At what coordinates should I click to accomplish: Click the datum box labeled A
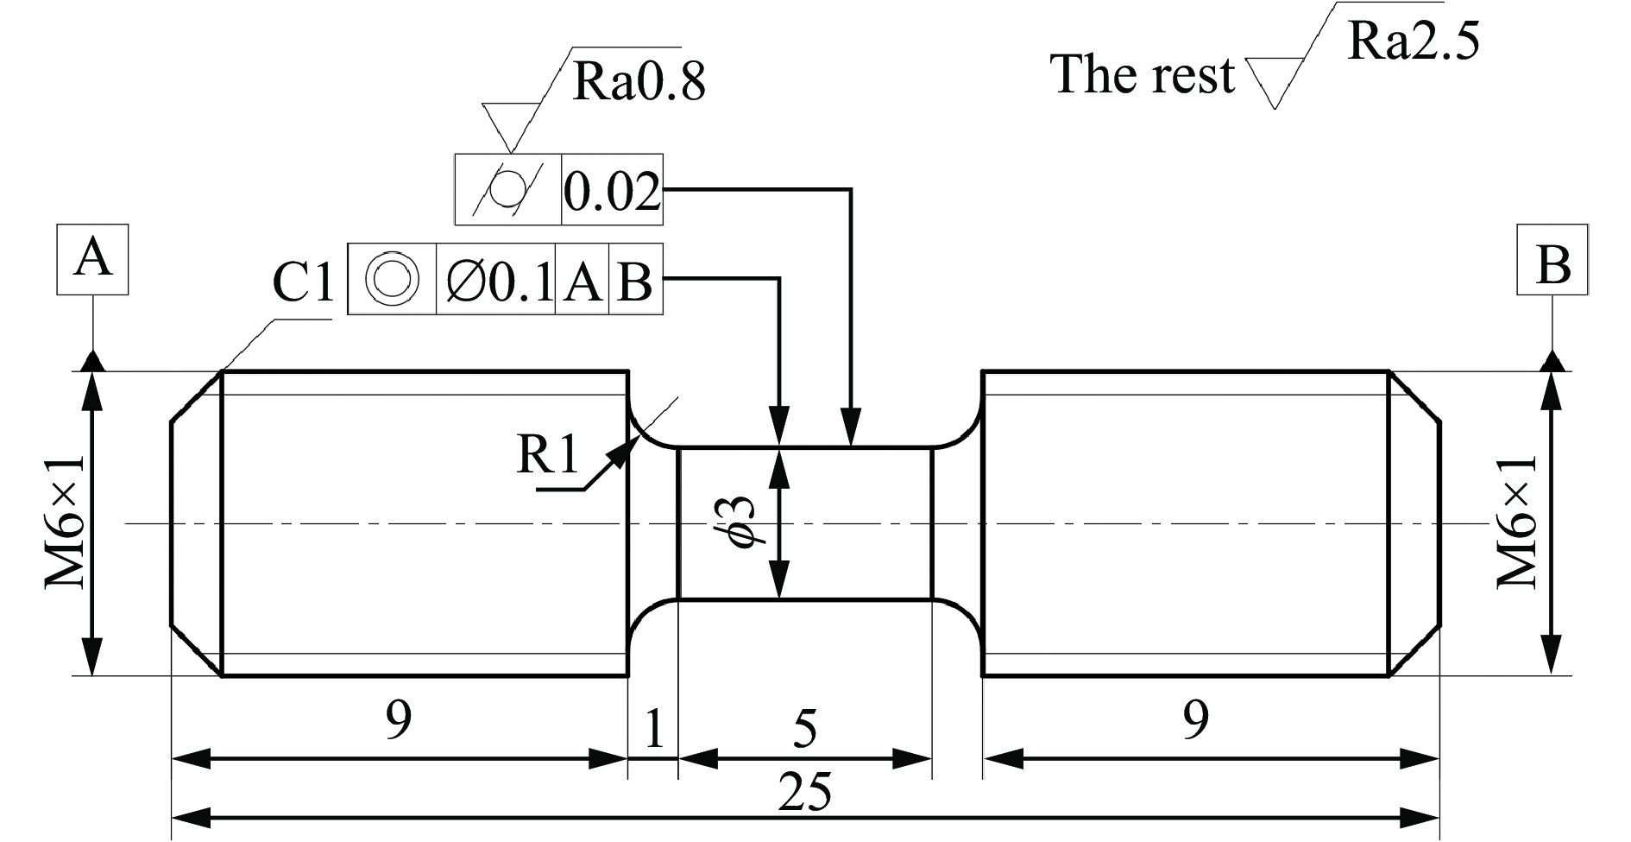tap(92, 259)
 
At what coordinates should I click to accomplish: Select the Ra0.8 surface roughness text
tap(639, 82)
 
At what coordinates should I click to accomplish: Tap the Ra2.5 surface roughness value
tap(1413, 41)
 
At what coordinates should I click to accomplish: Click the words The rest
tap(1142, 74)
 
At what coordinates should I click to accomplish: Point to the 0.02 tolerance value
tap(612, 191)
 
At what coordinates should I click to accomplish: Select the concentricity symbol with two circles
tap(393, 279)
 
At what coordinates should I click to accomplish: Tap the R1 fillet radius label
tap(546, 455)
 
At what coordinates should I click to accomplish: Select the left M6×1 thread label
tap(66, 522)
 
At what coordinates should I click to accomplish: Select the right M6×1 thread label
tap(1516, 522)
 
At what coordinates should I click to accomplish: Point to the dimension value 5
tap(803, 730)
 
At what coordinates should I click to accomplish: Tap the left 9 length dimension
tap(398, 719)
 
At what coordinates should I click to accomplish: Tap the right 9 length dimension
tap(1195, 719)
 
